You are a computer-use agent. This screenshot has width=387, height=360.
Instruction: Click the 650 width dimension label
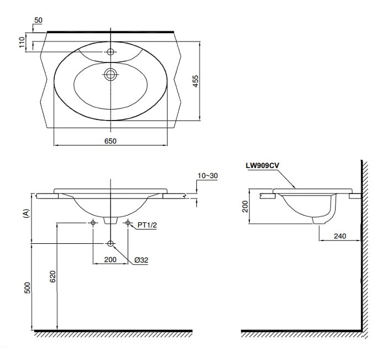pyautogui.click(x=110, y=141)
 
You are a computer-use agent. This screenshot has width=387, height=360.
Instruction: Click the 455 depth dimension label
pyautogui.click(x=195, y=81)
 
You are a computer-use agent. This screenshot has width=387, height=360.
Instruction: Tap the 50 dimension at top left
pyautogui.click(x=38, y=20)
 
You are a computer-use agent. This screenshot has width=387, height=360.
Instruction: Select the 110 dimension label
pyautogui.click(x=23, y=42)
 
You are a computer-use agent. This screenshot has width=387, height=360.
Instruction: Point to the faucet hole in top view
pyautogui.click(x=111, y=52)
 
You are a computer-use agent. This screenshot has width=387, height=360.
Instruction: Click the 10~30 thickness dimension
pyautogui.click(x=208, y=175)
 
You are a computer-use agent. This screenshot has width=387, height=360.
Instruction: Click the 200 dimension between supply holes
pyautogui.click(x=110, y=259)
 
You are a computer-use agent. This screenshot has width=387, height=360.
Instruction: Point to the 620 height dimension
pyautogui.click(x=53, y=276)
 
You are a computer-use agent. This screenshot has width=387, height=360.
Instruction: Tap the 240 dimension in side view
pyautogui.click(x=340, y=236)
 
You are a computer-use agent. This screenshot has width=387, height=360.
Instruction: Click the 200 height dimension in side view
pyautogui.click(x=245, y=206)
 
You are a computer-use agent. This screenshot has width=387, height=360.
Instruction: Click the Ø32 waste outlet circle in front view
pyautogui.click(x=111, y=243)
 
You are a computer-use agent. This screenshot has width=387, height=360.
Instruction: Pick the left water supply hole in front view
pyautogui.click(x=93, y=223)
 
